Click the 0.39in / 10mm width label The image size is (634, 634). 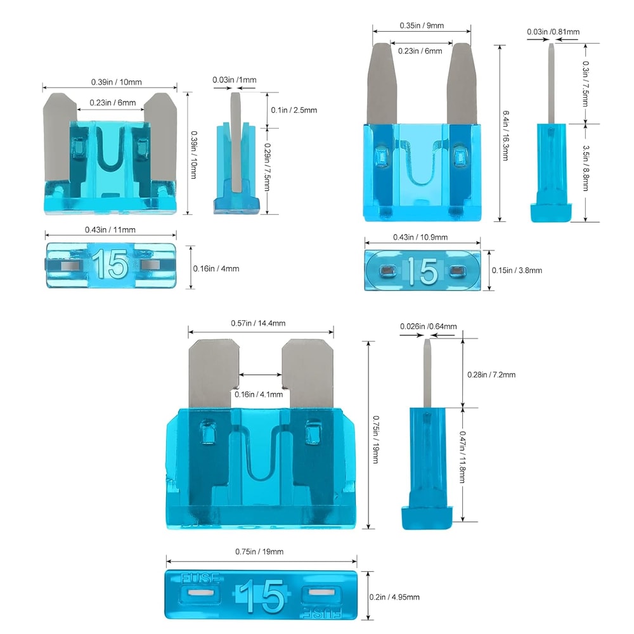pyautogui.click(x=109, y=82)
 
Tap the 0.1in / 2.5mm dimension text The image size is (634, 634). pyautogui.click(x=294, y=110)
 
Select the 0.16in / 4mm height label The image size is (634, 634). pyautogui.click(x=216, y=268)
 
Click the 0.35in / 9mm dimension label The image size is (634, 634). pyautogui.click(x=422, y=25)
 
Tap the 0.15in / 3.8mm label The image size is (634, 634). pyautogui.click(x=517, y=270)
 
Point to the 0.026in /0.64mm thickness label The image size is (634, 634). pyautogui.click(x=428, y=327)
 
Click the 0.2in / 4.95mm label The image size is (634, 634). pyautogui.click(x=394, y=597)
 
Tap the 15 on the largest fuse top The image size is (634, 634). pyautogui.click(x=262, y=595)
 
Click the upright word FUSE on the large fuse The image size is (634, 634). pyautogui.click(x=201, y=578)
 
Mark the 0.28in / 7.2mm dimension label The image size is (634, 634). pyautogui.click(x=490, y=375)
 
